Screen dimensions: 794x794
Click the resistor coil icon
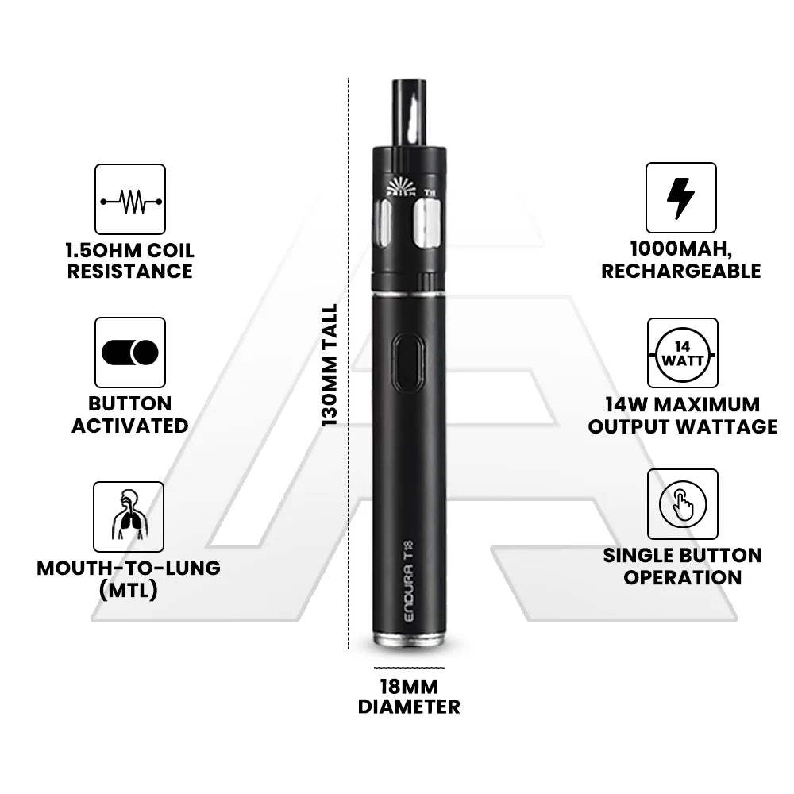point(131,202)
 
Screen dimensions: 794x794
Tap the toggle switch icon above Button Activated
point(130,353)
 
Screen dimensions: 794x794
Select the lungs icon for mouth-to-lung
point(129,515)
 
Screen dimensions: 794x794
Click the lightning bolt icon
point(680,198)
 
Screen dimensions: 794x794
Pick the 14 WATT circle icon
point(683,354)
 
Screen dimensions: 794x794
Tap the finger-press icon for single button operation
point(683,504)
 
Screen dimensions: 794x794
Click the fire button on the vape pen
point(408,363)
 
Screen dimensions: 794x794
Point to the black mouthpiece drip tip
point(410,114)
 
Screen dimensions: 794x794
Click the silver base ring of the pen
point(409,639)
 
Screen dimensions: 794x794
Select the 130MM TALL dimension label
point(330,365)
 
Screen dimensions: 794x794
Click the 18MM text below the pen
point(409,687)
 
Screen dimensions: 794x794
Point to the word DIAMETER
point(409,707)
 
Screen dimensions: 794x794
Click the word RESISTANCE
point(130,272)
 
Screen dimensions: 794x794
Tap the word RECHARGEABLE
point(681,272)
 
